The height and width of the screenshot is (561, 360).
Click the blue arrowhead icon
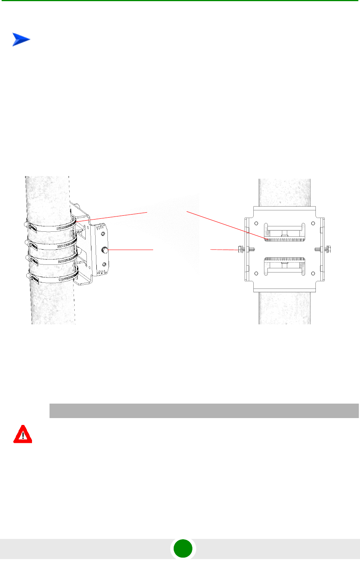pos(21,40)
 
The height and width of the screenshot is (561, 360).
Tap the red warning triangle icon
pos(23,434)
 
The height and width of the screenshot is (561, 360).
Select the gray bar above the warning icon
pos(204,411)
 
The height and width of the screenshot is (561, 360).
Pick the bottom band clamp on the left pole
pos(53,279)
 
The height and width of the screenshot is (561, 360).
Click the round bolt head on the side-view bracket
pos(104,250)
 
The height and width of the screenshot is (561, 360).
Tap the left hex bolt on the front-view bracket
pos(240,249)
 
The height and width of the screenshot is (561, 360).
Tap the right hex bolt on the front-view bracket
pos(328,249)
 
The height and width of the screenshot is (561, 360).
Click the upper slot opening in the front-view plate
pos(284,232)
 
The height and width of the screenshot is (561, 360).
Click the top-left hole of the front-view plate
pos(256,223)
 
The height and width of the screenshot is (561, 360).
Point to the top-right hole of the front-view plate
pos(313,223)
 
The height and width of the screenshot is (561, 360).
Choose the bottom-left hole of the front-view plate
pos(256,274)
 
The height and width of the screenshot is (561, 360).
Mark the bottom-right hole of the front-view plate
pos(313,274)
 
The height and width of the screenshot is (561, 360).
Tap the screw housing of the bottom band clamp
pos(33,279)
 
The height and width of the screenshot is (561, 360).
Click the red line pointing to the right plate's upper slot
pos(225,225)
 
